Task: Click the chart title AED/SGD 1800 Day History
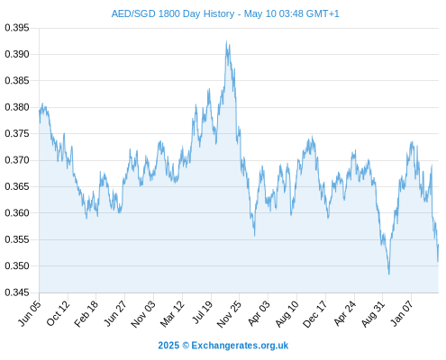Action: (x=173, y=13)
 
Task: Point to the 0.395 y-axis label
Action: (x=17, y=28)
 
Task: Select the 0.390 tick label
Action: (x=17, y=54)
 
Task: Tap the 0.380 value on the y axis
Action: (x=17, y=107)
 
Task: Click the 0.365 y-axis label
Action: (x=17, y=186)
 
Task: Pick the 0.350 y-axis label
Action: (x=17, y=265)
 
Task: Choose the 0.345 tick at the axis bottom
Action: (x=17, y=292)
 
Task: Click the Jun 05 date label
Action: (x=30, y=313)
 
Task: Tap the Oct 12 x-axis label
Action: (x=59, y=313)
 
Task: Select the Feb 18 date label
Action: (x=86, y=313)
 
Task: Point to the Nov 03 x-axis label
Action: (x=144, y=313)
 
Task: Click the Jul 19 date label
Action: (x=203, y=312)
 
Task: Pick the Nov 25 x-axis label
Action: (x=230, y=313)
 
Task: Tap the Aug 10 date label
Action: (x=287, y=313)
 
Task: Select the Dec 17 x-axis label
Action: (x=315, y=314)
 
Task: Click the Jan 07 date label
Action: (x=402, y=313)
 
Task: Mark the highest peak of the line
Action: (x=226, y=41)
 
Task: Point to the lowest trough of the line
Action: (x=389, y=274)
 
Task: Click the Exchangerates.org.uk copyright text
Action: (x=240, y=346)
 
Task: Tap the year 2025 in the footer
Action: (x=168, y=346)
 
